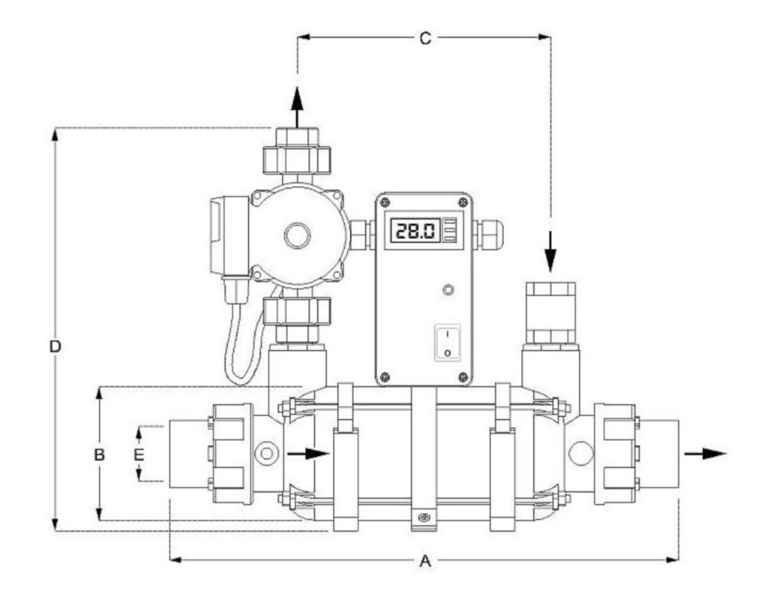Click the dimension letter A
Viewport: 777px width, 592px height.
click(425, 561)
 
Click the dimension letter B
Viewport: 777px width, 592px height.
click(100, 455)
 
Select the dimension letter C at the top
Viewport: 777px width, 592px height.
click(425, 38)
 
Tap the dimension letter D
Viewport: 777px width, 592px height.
click(55, 346)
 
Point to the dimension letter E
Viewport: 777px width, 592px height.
click(139, 455)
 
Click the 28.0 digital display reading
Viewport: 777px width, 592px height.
click(416, 230)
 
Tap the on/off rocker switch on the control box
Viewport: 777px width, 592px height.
click(448, 342)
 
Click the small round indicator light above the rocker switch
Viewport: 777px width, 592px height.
click(448, 290)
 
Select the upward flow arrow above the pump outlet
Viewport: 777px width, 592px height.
click(297, 108)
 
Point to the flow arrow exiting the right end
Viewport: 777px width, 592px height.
click(706, 453)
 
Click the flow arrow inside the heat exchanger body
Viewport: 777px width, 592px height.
click(308, 453)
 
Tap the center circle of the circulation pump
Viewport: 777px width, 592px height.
click(297, 235)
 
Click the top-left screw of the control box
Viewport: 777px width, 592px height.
click(385, 202)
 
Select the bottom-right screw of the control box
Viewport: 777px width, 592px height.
click(464, 377)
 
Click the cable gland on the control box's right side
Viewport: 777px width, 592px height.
click(489, 234)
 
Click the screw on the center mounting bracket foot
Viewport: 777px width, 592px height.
click(423, 517)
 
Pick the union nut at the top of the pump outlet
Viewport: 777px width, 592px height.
click(297, 159)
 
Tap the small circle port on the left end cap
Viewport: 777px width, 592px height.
click(266, 453)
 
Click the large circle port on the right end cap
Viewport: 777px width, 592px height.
click(581, 453)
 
